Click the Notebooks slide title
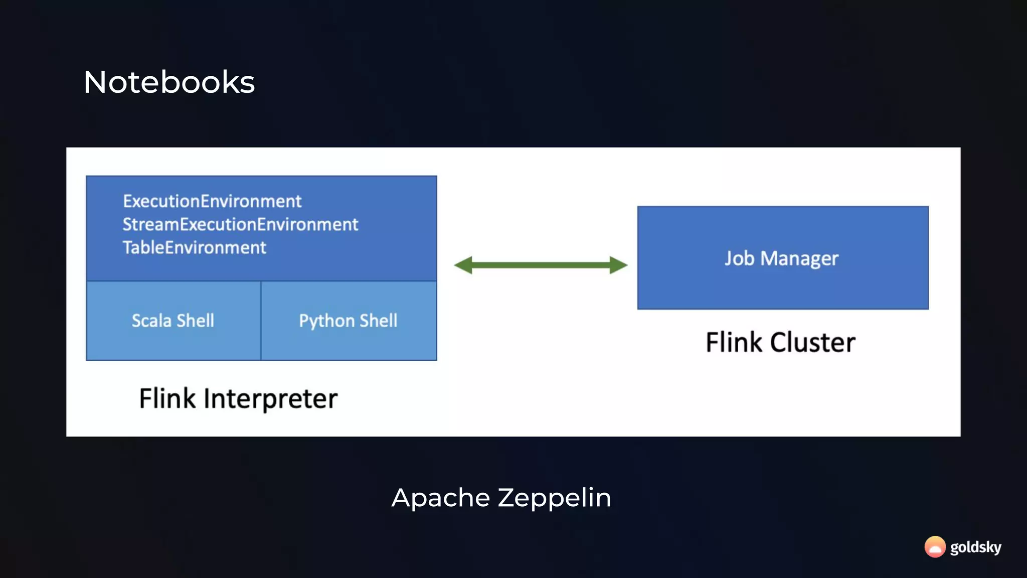pyautogui.click(x=169, y=82)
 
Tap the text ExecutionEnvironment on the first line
pyautogui.click(x=212, y=201)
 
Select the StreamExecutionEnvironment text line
pyautogui.click(x=240, y=224)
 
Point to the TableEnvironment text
pyautogui.click(x=194, y=247)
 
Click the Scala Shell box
pyautogui.click(x=173, y=321)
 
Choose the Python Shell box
pyautogui.click(x=349, y=321)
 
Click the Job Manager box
pyautogui.click(x=782, y=258)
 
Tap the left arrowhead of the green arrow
pyautogui.click(x=463, y=265)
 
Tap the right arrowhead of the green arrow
pyautogui.click(x=618, y=265)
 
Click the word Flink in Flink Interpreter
pyautogui.click(x=167, y=399)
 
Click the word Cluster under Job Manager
pyautogui.click(x=812, y=343)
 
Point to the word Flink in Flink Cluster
pyautogui.click(x=734, y=343)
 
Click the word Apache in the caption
pyautogui.click(x=440, y=498)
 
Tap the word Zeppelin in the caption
pyautogui.click(x=554, y=498)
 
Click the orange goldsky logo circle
pyautogui.click(x=935, y=546)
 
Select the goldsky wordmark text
pyautogui.click(x=975, y=547)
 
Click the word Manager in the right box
pyautogui.click(x=799, y=259)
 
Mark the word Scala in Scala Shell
pyautogui.click(x=151, y=321)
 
